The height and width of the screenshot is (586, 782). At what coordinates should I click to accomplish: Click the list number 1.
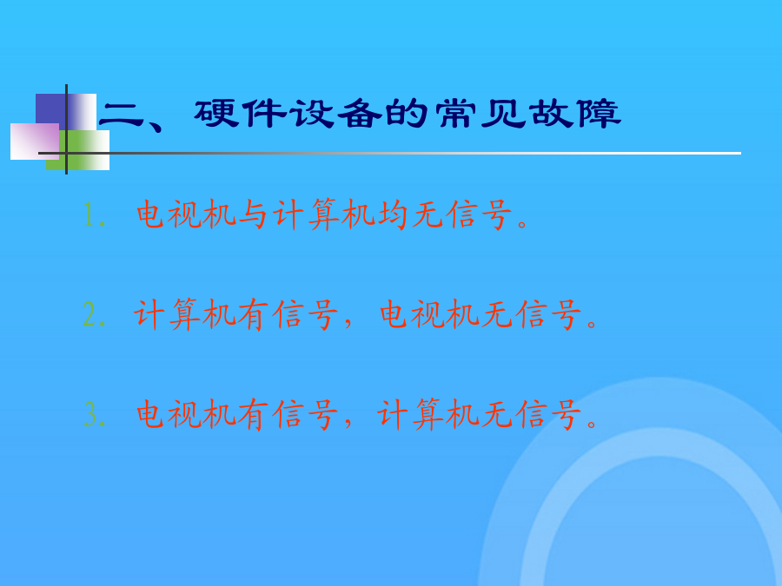[x=89, y=215]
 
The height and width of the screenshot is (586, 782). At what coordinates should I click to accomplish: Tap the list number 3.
[x=89, y=415]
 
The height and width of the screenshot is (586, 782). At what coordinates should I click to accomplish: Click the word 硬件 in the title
[x=241, y=114]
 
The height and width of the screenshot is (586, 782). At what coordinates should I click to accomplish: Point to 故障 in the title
[x=575, y=114]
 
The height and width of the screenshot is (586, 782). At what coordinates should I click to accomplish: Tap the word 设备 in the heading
[x=336, y=114]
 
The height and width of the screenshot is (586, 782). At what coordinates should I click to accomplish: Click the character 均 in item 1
[x=392, y=215]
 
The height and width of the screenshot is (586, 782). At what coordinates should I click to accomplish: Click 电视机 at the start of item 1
[x=186, y=215]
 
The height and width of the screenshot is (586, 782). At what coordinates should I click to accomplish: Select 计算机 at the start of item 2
[x=183, y=315]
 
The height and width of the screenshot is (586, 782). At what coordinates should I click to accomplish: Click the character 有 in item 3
[x=254, y=415]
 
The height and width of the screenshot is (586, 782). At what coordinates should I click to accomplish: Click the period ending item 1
[x=522, y=224]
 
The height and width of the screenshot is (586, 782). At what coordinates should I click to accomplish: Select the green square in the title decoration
[x=78, y=150]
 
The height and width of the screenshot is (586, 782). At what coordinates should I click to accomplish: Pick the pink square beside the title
[x=35, y=142]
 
